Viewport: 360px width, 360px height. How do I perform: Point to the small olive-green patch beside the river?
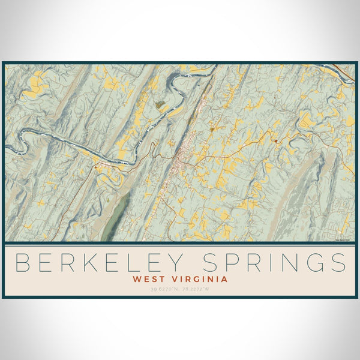click(x=160, y=105)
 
